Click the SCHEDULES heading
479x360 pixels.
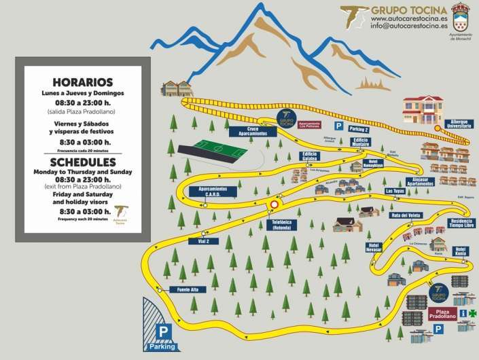coord(82,163)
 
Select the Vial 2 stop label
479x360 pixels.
coord(195,240)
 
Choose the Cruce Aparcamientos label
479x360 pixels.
coord(247,131)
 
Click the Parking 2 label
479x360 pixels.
coord(360,128)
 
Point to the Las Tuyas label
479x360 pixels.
coord(395,192)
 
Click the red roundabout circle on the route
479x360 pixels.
coord(274,203)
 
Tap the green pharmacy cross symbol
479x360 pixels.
coord(464,313)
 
